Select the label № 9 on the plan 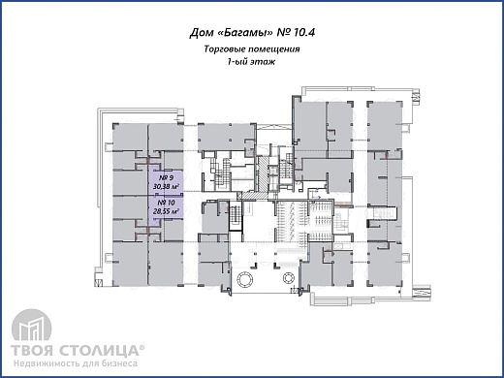[166, 178]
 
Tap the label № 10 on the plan [166, 203]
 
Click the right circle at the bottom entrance [290, 277]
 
